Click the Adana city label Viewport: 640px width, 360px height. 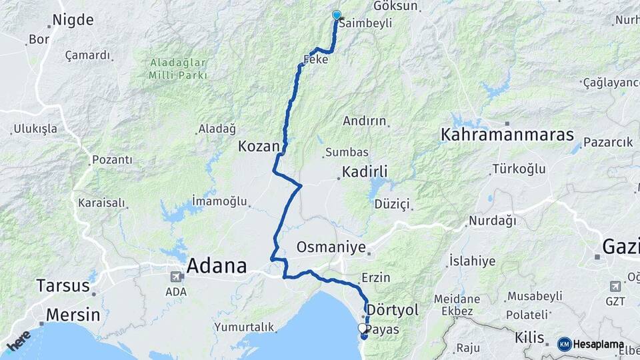(217, 267)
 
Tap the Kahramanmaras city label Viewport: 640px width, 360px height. (507, 135)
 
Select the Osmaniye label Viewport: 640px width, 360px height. (331, 247)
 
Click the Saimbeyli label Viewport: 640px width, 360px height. (364, 23)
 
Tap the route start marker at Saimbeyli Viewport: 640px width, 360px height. (337, 15)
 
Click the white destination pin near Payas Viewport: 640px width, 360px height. (363, 328)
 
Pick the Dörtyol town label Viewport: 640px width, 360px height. (393, 310)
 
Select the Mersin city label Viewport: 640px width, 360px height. (73, 315)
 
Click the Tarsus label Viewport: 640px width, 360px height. (63, 286)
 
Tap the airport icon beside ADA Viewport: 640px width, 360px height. (177, 276)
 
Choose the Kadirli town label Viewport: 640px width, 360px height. (365, 172)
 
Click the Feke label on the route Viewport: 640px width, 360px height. (315, 59)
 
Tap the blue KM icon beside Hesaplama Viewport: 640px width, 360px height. (564, 344)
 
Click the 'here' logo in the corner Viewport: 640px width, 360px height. (19, 340)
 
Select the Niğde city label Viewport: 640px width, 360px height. (73, 20)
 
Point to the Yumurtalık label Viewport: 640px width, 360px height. (244, 327)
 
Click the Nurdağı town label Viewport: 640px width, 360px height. (492, 220)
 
